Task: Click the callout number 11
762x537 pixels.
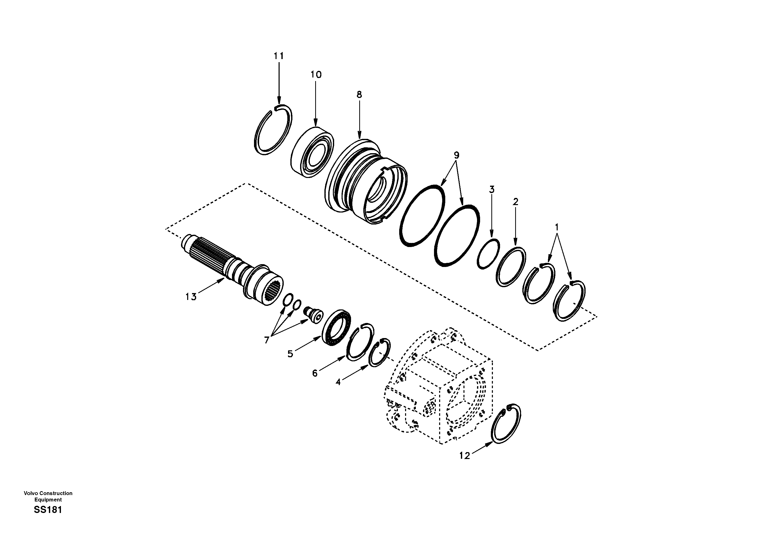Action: click(x=279, y=56)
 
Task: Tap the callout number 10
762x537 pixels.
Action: click(x=316, y=75)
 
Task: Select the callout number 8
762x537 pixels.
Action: click(x=359, y=94)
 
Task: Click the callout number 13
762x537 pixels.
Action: click(x=191, y=297)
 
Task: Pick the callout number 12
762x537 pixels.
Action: click(x=465, y=456)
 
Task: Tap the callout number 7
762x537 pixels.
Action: click(x=267, y=340)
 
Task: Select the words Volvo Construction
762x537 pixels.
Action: click(x=48, y=493)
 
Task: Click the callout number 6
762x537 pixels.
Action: click(x=315, y=374)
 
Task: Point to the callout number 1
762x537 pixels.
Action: click(x=557, y=227)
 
